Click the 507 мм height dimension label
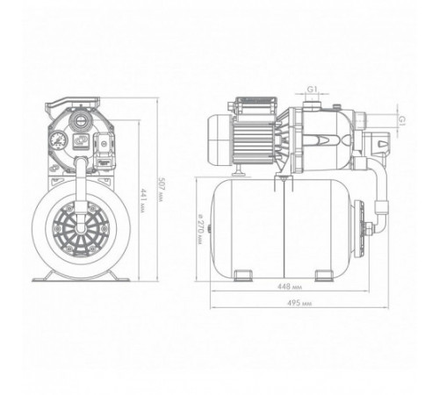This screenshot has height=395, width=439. pos(162,189)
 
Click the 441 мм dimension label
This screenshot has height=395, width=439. pos(143,201)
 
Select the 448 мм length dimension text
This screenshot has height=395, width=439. pos(290,287)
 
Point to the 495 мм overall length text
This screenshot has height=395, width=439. pos(299,303)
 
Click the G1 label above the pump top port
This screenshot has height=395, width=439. pos(313,90)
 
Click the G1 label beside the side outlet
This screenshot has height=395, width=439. pos(403,120)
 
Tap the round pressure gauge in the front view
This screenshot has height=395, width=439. pos(59,140)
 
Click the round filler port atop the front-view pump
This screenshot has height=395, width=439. pos(79,120)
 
